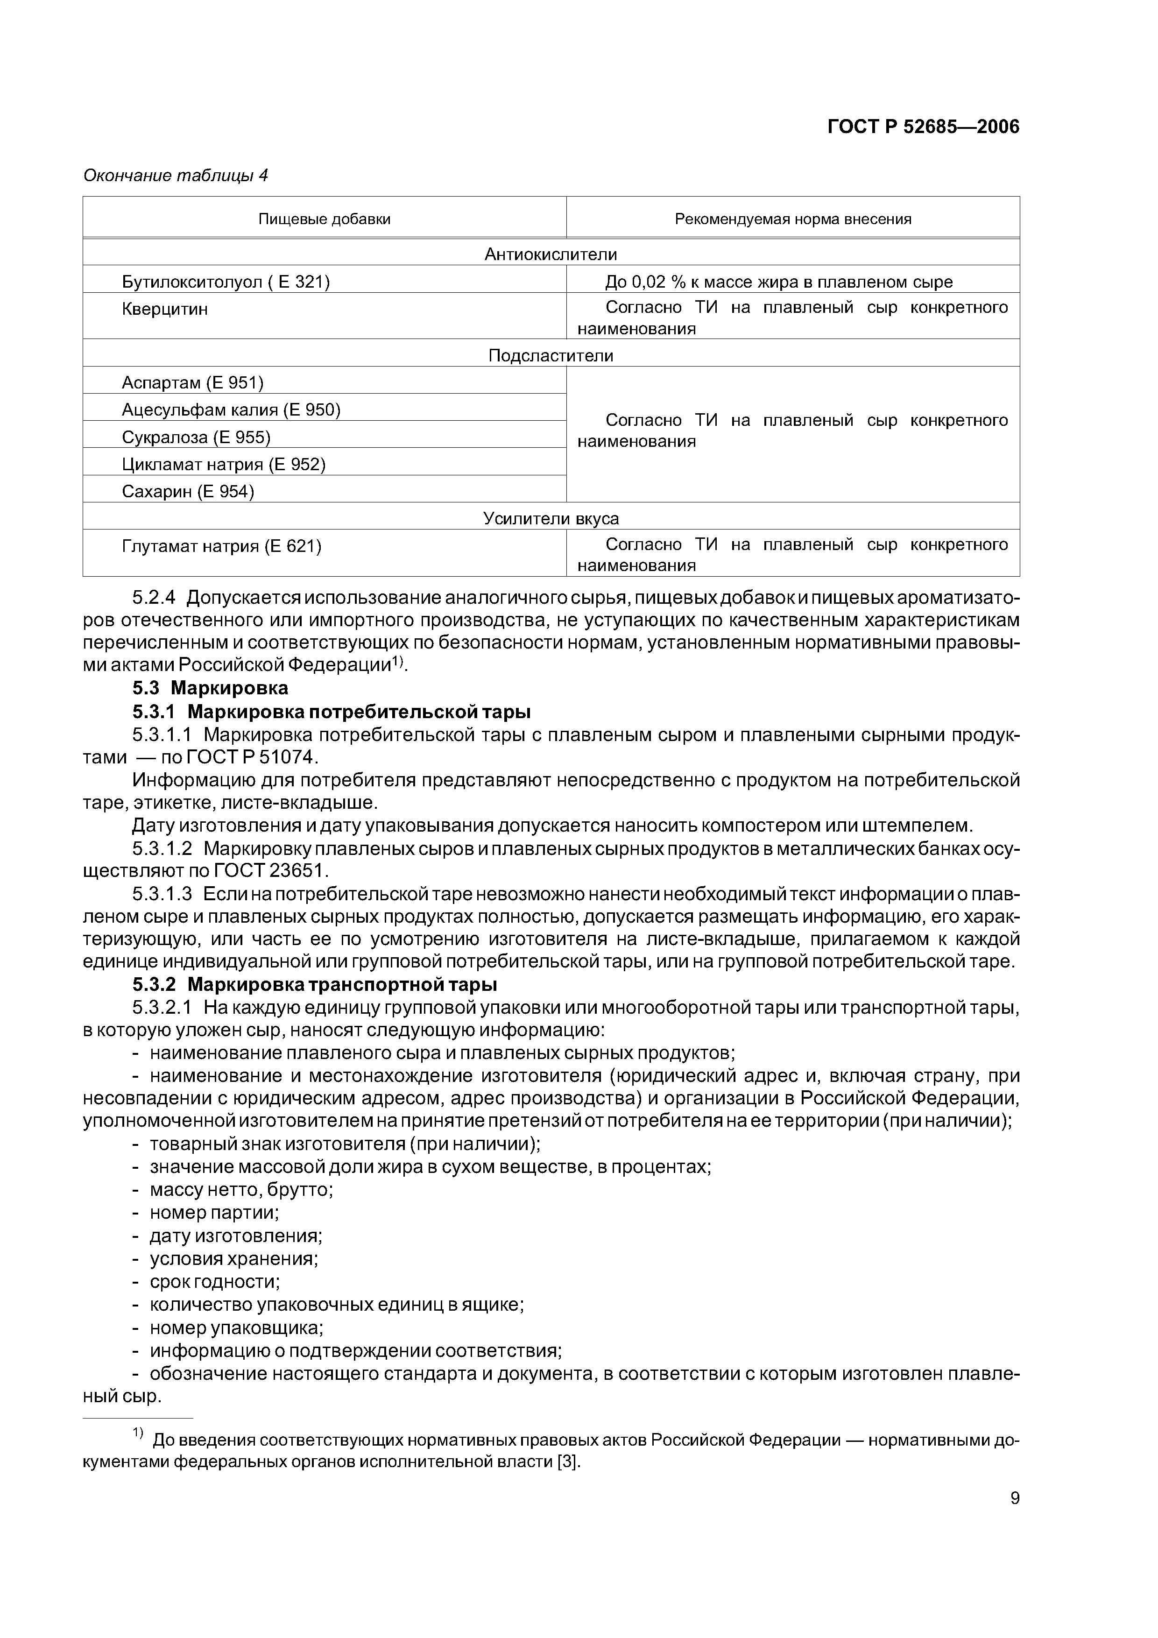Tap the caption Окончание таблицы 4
[x=176, y=176]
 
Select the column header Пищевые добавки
[x=324, y=219]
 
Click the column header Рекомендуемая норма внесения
[x=793, y=219]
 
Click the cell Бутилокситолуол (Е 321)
[x=226, y=282]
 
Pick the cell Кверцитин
[x=165, y=310]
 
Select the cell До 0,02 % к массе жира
[x=778, y=282]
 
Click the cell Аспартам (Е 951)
[x=193, y=383]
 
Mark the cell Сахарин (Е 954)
[x=188, y=492]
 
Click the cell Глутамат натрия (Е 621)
[x=221, y=546]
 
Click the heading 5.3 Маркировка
[x=211, y=688]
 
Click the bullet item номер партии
[x=213, y=1213]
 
